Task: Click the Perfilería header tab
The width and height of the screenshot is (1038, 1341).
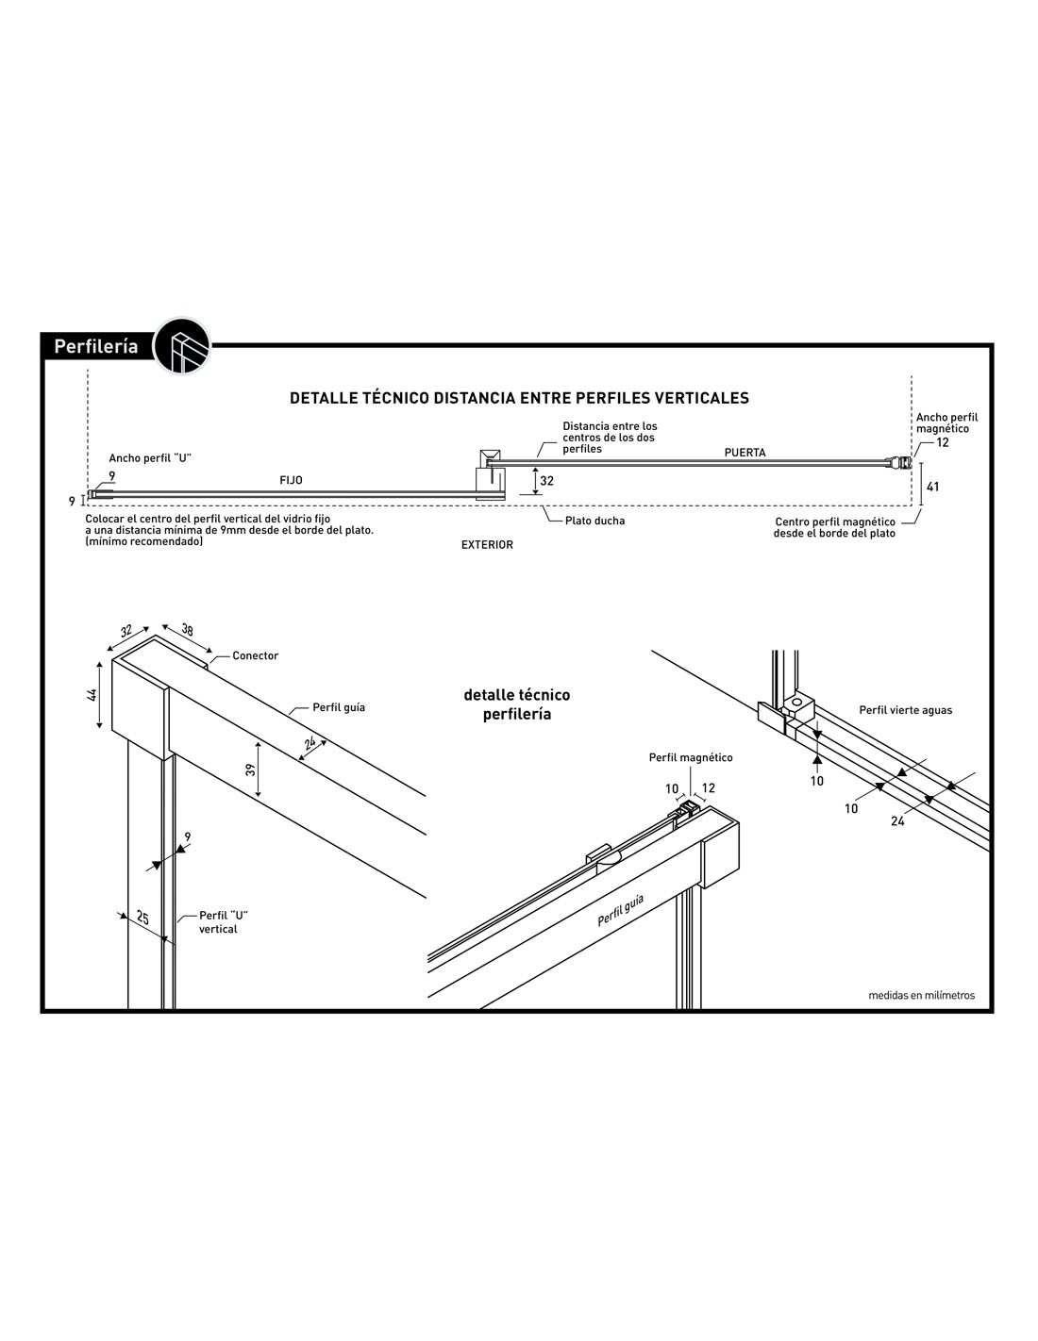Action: pyautogui.click(x=95, y=346)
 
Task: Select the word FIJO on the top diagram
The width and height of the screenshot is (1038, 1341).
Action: pyautogui.click(x=291, y=480)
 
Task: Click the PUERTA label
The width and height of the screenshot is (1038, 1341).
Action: pyautogui.click(x=745, y=453)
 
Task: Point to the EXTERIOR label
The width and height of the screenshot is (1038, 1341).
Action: pyautogui.click(x=487, y=545)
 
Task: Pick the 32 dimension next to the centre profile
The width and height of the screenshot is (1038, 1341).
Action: pyautogui.click(x=547, y=481)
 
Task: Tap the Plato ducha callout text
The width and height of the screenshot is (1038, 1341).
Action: pyautogui.click(x=594, y=521)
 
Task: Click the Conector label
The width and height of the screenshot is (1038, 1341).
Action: pyautogui.click(x=255, y=655)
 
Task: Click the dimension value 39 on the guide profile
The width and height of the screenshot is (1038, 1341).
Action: pyautogui.click(x=251, y=770)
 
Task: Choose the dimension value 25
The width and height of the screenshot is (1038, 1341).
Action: pyautogui.click(x=142, y=916)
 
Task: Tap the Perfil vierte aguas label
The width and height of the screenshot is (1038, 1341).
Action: pyautogui.click(x=905, y=710)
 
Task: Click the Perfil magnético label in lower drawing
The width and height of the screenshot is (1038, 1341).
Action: pyautogui.click(x=690, y=757)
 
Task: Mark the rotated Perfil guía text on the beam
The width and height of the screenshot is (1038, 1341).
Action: pyautogui.click(x=620, y=912)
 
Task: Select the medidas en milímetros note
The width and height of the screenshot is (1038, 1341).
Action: pyautogui.click(x=921, y=995)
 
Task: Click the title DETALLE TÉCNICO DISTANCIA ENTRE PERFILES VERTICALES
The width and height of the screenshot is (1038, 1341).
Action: pyautogui.click(x=519, y=398)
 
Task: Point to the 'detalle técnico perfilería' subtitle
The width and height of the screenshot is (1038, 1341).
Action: pyautogui.click(x=517, y=704)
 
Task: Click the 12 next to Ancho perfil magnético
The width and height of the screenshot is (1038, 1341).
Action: pyautogui.click(x=943, y=442)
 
